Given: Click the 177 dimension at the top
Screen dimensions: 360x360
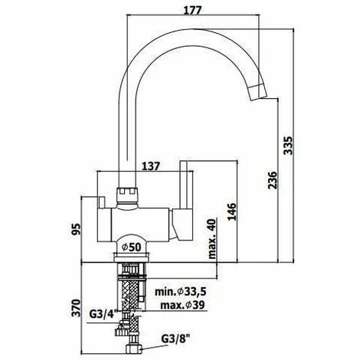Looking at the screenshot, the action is coord(193,10).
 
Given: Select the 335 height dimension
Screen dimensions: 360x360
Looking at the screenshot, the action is coord(289,146).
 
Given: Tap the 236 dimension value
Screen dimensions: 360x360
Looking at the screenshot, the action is coord(273,180).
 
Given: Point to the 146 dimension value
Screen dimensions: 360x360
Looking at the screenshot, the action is coord(232,211).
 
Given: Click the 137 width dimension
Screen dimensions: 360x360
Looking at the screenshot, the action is coord(151,166).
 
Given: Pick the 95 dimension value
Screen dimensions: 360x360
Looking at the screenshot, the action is coord(76,229).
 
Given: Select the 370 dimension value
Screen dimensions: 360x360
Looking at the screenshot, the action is coord(76,308).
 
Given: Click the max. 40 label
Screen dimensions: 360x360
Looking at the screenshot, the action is coord(212,239).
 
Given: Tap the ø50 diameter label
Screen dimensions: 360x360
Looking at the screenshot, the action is coord(131,247).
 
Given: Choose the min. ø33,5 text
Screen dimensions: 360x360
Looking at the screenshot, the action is coord(181,291).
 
